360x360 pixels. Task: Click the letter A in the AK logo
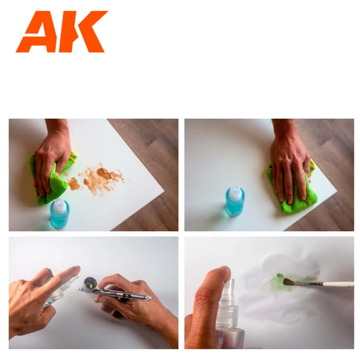(37, 34)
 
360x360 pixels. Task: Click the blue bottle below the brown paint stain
(59, 214)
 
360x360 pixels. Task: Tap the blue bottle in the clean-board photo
(235, 202)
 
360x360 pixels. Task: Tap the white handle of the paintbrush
(335, 284)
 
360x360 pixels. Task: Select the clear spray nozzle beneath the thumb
(228, 292)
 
